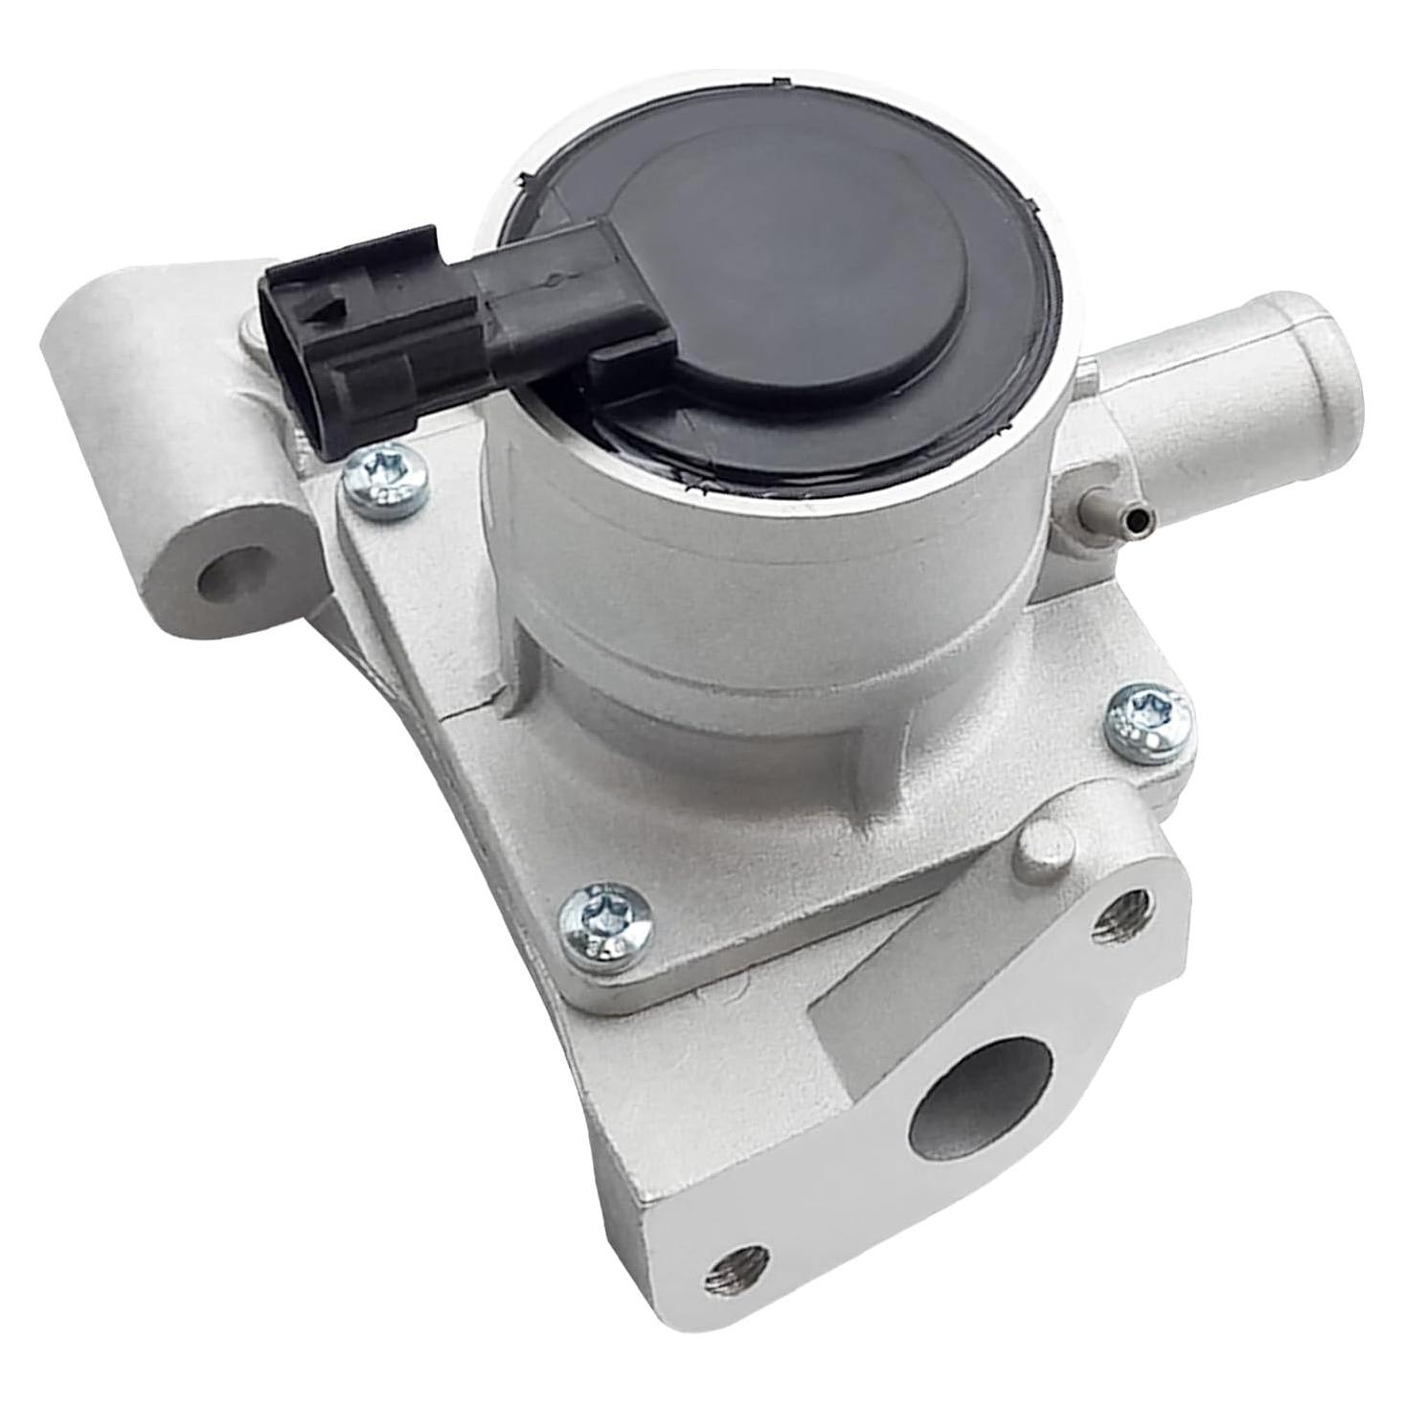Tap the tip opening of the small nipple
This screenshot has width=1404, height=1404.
pyautogui.click(x=1137, y=518)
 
